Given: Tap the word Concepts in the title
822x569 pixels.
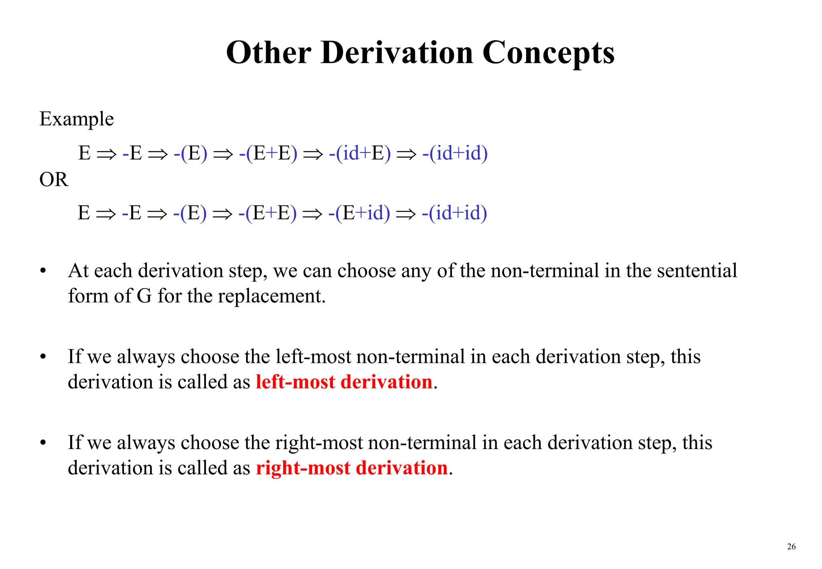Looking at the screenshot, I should (x=548, y=53).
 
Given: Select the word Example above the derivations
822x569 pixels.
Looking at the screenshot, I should (x=77, y=119).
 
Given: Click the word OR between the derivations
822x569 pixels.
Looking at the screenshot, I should (x=54, y=179).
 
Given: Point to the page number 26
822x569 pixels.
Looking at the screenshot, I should (x=791, y=547).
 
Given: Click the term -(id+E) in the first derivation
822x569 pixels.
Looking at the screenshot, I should (x=360, y=153).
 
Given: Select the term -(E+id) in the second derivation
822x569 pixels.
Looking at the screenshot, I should (x=359, y=213).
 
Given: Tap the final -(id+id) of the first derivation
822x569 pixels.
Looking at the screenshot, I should (x=455, y=153).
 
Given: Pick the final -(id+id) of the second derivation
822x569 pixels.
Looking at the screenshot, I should (x=454, y=213).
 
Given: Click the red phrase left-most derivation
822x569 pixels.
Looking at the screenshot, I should (x=344, y=382).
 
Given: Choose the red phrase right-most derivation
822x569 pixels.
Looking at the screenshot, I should (x=352, y=468).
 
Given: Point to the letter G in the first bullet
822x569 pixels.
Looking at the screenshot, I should (x=144, y=296).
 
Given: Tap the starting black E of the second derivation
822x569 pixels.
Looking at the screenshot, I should (x=84, y=213).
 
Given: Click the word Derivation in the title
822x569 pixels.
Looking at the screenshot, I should (x=397, y=53).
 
